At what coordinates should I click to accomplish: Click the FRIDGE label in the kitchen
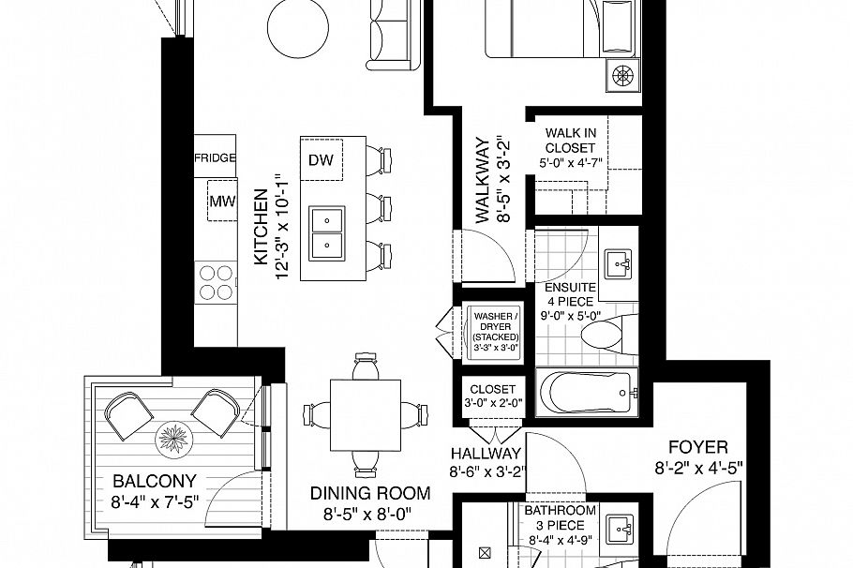(x=215, y=157)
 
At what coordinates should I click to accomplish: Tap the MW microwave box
(x=221, y=201)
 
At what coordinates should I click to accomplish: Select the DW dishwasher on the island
(x=321, y=160)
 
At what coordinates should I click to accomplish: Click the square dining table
(x=365, y=412)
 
